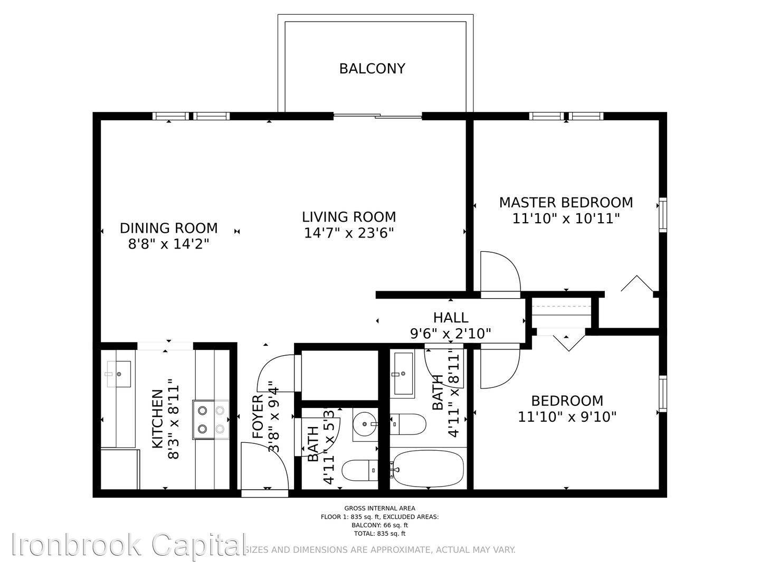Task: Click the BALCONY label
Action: point(372,69)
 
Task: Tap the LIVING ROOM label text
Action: point(349,217)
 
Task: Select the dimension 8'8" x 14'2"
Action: point(168,244)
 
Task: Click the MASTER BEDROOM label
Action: point(566,203)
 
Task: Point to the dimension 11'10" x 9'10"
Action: point(567,417)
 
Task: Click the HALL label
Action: point(450,318)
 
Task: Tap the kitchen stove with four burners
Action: point(211,420)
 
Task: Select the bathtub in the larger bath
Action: point(428,468)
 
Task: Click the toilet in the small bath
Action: point(359,470)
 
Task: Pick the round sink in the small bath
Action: point(365,424)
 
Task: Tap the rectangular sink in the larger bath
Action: point(403,374)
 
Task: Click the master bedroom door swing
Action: point(499,272)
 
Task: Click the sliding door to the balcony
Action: point(378,116)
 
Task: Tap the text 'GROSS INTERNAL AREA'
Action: point(379,508)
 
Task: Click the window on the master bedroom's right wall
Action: point(662,215)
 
